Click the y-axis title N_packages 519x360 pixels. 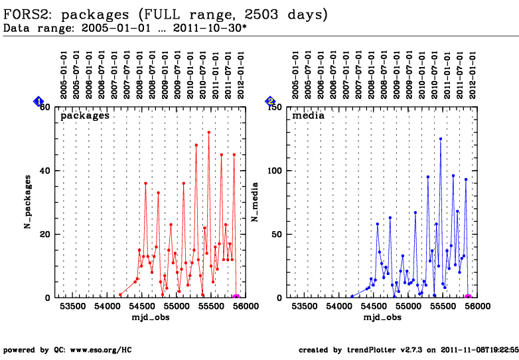[28, 202]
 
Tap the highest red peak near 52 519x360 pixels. [208, 132]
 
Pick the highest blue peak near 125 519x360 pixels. [440, 139]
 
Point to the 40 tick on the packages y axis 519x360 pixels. [46, 170]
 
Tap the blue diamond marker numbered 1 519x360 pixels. [38, 102]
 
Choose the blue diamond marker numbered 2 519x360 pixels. [270, 102]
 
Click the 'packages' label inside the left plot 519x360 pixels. [85, 116]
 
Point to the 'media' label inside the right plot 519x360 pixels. [309, 116]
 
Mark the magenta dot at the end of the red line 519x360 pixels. [236, 298]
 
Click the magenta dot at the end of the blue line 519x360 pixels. [468, 298]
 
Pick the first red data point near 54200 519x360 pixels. [120, 294]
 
